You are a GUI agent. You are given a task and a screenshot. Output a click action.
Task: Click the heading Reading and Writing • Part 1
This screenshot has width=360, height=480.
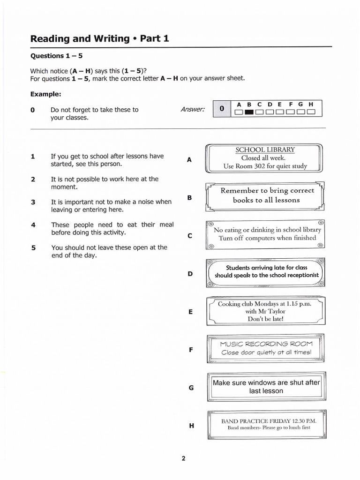click(99, 38)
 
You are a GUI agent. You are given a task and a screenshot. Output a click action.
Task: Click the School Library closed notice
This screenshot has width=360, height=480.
click(265, 158)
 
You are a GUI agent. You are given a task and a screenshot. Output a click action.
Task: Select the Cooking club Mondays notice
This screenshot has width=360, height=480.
click(265, 311)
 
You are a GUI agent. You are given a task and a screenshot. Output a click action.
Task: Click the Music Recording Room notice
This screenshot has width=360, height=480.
click(266, 348)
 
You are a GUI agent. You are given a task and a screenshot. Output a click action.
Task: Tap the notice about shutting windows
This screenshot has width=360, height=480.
click(266, 387)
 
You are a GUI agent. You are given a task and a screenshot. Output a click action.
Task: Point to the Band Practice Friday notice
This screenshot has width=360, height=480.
click(266, 424)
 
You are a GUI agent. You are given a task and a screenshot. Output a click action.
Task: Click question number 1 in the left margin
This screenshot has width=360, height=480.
click(33, 157)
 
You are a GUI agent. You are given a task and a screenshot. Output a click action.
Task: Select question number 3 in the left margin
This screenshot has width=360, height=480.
click(33, 202)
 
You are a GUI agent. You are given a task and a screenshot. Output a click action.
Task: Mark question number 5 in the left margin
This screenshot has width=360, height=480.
click(33, 247)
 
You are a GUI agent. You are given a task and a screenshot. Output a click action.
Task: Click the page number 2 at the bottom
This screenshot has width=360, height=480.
click(183, 458)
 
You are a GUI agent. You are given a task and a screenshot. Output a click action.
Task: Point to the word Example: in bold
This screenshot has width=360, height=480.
click(46, 94)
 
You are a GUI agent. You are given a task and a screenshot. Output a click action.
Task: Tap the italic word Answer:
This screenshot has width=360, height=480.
click(193, 110)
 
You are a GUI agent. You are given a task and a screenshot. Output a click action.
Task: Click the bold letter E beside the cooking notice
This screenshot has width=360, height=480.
click(190, 311)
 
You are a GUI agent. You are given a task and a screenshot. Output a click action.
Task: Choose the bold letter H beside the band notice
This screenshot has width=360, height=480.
click(191, 426)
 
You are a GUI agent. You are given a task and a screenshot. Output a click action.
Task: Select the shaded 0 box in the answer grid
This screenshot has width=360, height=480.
click(222, 109)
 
